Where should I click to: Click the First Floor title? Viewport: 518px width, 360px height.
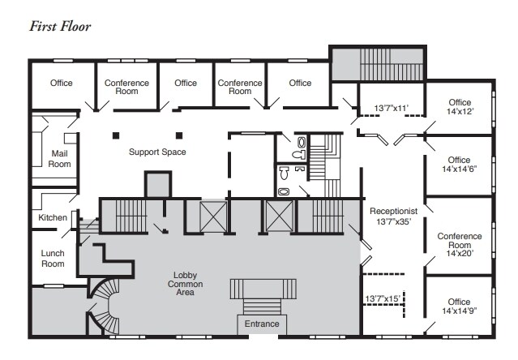point(60,27)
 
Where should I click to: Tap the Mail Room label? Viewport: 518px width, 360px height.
point(61,158)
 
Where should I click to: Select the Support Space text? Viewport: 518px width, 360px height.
point(157,152)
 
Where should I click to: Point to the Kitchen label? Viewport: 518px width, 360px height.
point(53,218)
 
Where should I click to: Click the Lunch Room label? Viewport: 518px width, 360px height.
point(53,259)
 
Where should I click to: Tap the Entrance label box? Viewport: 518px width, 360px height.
point(258,324)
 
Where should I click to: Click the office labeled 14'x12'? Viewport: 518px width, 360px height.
point(460,107)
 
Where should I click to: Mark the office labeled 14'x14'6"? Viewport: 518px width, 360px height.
point(460,165)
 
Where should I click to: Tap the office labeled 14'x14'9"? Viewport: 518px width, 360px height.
point(460,306)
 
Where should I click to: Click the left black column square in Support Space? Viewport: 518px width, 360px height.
point(117,135)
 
